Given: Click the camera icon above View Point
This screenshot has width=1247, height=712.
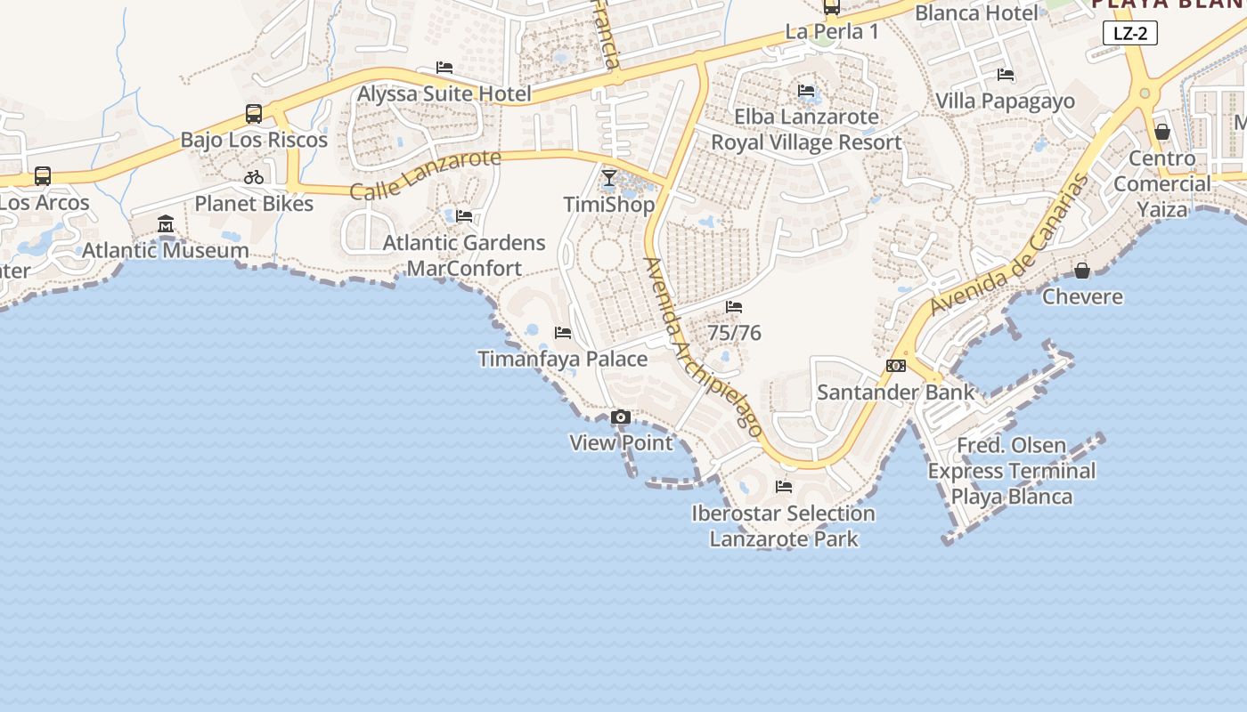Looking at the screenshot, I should pos(621,417).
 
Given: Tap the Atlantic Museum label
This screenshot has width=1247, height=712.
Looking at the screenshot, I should pos(166,250).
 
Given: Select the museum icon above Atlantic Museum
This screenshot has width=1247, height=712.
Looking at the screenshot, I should pos(166,223).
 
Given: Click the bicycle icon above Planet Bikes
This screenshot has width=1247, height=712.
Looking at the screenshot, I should pos(254,177).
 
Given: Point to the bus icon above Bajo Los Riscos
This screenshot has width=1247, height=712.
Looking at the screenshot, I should pos(254,114).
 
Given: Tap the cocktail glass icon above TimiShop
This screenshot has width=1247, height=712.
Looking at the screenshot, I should pos(609,178).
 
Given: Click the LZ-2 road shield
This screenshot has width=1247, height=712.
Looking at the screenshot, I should pos(1130,34).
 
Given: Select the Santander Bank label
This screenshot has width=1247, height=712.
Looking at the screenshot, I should pos(896,392).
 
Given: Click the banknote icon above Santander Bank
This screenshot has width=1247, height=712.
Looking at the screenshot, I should pos(896,366).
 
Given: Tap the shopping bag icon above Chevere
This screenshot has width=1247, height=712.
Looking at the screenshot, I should pos(1082,270).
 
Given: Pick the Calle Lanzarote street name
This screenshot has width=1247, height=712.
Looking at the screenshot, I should pos(426,175).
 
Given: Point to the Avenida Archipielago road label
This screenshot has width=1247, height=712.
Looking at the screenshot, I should pos(704,347).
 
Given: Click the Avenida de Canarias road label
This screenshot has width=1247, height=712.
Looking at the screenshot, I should pos(1010,245).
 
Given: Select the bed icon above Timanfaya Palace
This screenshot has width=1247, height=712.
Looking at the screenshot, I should pos(563,333).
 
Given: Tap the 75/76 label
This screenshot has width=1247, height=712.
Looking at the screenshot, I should pos(734,333).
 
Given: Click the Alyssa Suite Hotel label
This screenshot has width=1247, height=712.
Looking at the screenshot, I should pos(444,93).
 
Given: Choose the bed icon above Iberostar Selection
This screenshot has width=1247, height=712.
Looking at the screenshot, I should pos(784,487).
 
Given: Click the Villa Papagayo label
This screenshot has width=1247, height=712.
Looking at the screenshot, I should pos(1006,101).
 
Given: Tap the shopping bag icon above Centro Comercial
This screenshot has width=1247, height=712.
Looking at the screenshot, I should pos(1162,132).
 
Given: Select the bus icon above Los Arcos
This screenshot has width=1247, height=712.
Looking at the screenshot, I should pos(43,176).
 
